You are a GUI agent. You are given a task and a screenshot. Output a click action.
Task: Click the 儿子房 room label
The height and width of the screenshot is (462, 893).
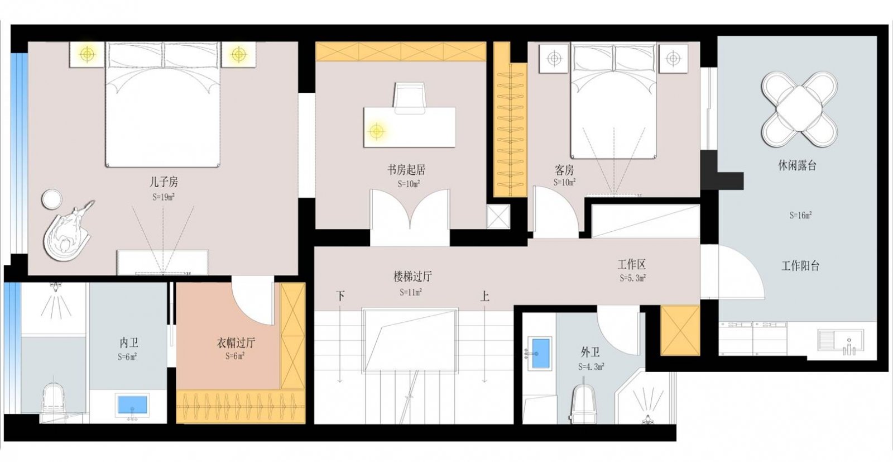click(164, 182)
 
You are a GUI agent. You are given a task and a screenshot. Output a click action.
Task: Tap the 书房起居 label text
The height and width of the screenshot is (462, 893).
click(406, 169)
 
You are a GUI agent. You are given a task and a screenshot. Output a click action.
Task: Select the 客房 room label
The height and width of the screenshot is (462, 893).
click(564, 169)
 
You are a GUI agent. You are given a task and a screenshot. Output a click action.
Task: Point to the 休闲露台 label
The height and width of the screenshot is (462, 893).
click(797, 165)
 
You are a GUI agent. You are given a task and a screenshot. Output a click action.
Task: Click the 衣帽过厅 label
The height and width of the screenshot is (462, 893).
click(236, 342)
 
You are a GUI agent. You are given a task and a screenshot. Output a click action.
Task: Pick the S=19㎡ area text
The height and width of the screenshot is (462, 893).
click(164, 197)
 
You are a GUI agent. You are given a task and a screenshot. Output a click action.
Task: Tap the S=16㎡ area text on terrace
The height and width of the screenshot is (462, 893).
click(800, 215)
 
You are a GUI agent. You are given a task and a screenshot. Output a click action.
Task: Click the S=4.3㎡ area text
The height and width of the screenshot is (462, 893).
click(591, 367)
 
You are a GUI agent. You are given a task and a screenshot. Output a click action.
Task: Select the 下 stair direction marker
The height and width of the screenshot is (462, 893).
click(340, 296)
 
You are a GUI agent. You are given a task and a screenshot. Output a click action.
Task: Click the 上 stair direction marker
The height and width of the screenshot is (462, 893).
click(484, 296)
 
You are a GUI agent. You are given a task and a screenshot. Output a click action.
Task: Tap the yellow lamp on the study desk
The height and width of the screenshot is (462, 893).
click(377, 131)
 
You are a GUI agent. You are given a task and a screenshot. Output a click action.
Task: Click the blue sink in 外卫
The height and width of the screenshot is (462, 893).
click(540, 353)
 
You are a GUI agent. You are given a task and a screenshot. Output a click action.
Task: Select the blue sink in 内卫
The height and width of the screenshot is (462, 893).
click(132, 404)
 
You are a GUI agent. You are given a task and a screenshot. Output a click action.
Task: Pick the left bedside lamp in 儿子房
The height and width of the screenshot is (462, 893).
click(87, 54)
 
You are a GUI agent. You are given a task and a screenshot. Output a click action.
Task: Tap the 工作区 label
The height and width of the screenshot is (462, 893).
click(631, 264)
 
